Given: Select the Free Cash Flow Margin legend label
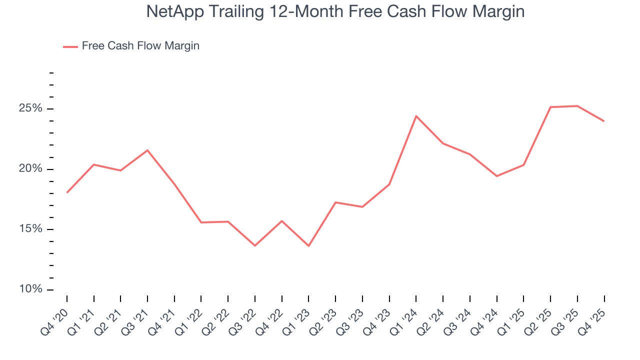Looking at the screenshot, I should pyautogui.click(x=140, y=46).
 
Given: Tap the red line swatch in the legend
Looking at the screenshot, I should pyautogui.click(x=70, y=46).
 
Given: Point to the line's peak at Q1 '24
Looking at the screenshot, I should pyautogui.click(x=416, y=116).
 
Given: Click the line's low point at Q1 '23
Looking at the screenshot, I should pyautogui.click(x=308, y=246).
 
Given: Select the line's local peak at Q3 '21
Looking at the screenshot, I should pyautogui.click(x=147, y=150).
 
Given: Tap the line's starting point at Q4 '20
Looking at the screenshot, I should pyautogui.click(x=67, y=192).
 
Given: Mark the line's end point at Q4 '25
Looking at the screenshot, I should pyautogui.click(x=604, y=121).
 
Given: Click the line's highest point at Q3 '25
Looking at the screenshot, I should pyautogui.click(x=577, y=106).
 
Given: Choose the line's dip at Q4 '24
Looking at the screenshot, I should pyautogui.click(x=496, y=176).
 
